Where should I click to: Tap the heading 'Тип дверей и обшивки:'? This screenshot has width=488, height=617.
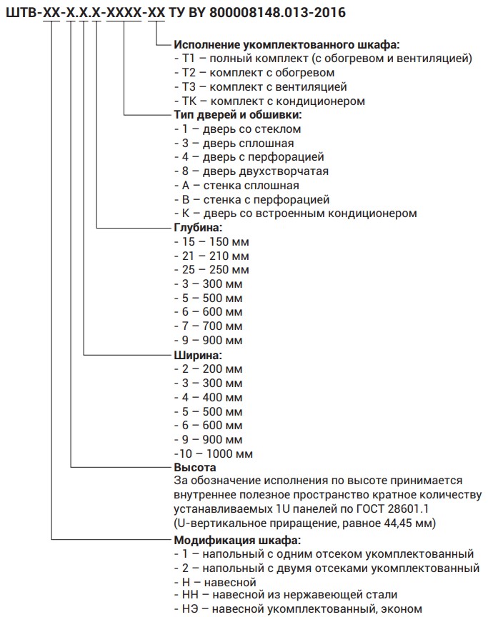coord(237,115)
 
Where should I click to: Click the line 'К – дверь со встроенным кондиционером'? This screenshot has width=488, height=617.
coord(295,214)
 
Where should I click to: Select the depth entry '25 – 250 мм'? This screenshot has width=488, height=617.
coord(211,270)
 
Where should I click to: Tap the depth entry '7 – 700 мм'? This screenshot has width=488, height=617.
coord(208,326)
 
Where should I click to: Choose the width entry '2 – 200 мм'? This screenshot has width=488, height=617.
coord(208,369)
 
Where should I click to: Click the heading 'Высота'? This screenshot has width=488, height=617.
coord(195,468)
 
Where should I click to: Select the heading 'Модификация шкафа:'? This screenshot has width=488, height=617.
coord(236,540)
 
